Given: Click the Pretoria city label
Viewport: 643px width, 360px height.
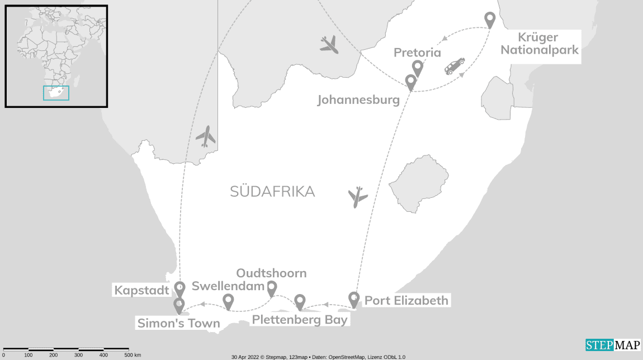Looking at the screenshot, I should point(417,53).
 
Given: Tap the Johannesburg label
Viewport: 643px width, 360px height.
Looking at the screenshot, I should point(358,100).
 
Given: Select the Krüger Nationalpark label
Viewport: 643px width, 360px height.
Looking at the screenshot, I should point(540,44).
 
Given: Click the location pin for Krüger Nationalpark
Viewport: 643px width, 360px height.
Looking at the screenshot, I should point(490,20).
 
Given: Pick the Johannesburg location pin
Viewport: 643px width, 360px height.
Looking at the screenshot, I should point(410,82).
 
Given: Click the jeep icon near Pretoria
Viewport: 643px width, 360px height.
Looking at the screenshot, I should point(454,65).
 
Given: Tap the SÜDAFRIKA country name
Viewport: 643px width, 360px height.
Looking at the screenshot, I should point(272,192).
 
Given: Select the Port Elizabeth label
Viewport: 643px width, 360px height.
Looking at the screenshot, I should point(406,301).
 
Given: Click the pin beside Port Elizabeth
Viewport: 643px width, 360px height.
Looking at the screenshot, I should point(353,299).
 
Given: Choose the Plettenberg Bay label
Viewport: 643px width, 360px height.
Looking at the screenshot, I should point(300,320).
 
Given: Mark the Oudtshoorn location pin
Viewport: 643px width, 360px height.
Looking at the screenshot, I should point(271,288).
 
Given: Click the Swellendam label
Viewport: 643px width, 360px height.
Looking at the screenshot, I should point(228,286).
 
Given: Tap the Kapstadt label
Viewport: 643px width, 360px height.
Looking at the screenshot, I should point(141,290).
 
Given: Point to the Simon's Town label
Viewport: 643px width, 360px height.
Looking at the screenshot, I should point(178,323).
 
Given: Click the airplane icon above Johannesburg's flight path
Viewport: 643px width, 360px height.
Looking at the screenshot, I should point(329,44).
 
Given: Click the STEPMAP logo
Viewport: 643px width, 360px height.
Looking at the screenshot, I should point(612,345).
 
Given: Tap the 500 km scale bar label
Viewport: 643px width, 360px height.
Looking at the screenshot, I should point(133,355).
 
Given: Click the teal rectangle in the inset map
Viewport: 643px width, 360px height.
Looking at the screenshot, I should point(56,93).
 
